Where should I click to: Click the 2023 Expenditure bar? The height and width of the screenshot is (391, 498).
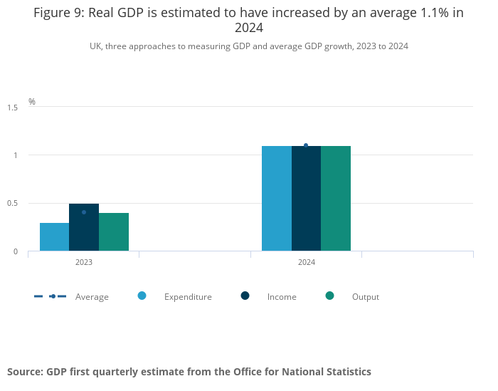(x=54, y=237)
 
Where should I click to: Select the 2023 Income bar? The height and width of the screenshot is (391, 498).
(x=84, y=228)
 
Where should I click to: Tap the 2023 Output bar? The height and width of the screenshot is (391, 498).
(x=114, y=232)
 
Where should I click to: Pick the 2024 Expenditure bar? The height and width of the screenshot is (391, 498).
(x=277, y=199)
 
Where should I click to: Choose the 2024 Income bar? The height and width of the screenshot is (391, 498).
(x=306, y=199)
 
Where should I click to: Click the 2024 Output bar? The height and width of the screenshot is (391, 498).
(x=336, y=199)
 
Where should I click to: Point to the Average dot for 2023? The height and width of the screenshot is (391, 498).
(x=84, y=212)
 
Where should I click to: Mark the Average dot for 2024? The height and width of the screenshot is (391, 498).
(x=306, y=145)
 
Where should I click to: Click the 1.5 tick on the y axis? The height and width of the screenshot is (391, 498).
(x=13, y=108)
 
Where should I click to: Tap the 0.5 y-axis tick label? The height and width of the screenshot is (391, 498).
(x=13, y=204)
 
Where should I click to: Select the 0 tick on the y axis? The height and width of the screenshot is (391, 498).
(x=15, y=251)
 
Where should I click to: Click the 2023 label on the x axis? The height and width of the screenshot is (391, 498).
(x=84, y=263)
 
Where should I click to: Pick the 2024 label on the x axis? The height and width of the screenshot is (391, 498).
(x=307, y=263)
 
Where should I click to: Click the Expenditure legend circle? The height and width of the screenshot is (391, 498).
(x=142, y=296)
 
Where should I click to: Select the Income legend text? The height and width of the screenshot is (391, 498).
(x=282, y=297)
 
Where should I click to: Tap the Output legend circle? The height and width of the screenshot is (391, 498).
(x=329, y=296)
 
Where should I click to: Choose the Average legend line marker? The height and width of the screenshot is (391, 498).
(x=51, y=296)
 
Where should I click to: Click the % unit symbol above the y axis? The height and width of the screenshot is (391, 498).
(x=32, y=102)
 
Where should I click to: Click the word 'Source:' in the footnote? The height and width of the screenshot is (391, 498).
(x=24, y=372)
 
